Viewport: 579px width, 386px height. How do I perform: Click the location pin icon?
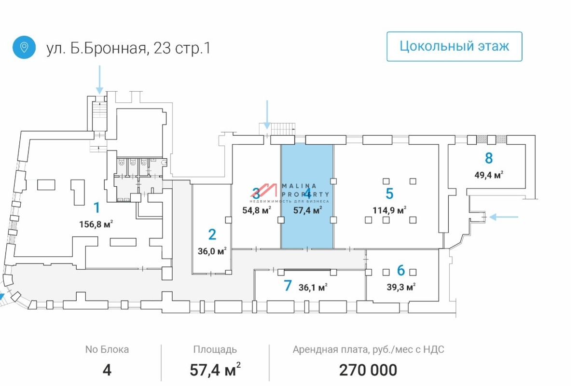[24, 47]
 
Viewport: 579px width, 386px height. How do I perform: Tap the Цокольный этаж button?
[454, 46]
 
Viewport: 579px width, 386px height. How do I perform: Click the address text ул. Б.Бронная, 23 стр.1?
[128, 48]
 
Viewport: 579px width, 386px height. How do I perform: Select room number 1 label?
[96, 208]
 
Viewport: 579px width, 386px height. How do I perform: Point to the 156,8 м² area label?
[96, 224]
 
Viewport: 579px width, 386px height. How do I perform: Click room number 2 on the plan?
[212, 234]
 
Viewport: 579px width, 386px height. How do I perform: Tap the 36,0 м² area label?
[212, 251]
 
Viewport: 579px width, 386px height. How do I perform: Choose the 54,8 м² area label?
[256, 210]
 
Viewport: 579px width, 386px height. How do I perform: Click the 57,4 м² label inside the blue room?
[307, 210]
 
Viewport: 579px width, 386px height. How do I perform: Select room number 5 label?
[389, 193]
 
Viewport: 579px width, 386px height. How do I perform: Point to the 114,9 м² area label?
[389, 210]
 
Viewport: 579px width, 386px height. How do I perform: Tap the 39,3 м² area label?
[401, 287]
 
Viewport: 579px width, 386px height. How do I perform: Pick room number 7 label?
[288, 286]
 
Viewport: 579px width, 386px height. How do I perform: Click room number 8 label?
[489, 158]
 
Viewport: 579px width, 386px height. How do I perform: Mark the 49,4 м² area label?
[489, 175]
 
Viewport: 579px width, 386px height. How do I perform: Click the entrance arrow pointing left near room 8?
[504, 217]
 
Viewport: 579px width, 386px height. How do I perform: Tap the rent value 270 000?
[368, 370]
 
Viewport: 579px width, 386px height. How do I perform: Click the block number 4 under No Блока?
[107, 370]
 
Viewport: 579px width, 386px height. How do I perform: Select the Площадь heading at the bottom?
[215, 350]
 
